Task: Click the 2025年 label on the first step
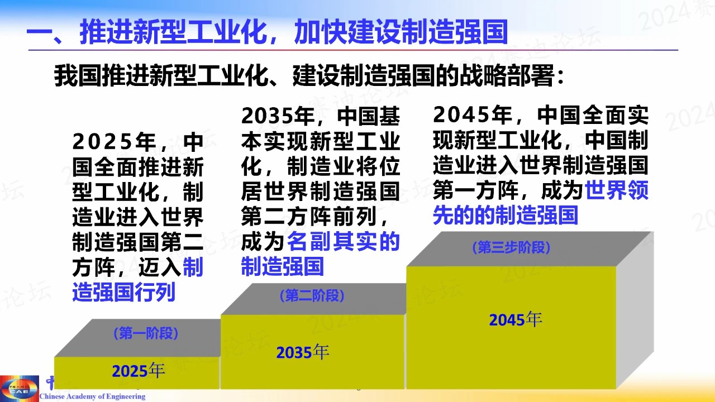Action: point(138,371)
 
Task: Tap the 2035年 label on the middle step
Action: point(303,352)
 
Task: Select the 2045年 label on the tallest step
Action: point(516,320)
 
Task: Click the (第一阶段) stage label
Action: point(146,334)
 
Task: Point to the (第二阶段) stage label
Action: point(312,296)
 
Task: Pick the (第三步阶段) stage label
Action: point(511,247)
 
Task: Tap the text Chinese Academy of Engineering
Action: point(92,396)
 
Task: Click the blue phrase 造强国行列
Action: point(124,292)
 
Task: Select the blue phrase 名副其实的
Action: point(344,242)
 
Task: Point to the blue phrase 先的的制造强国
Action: point(506,216)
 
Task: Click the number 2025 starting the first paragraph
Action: point(102,142)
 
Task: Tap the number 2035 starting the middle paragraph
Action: point(267,116)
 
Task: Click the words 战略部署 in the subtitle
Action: point(507,75)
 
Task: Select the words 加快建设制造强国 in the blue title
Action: point(401,31)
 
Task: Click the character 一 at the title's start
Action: point(39,32)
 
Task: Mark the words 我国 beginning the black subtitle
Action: point(78,75)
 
